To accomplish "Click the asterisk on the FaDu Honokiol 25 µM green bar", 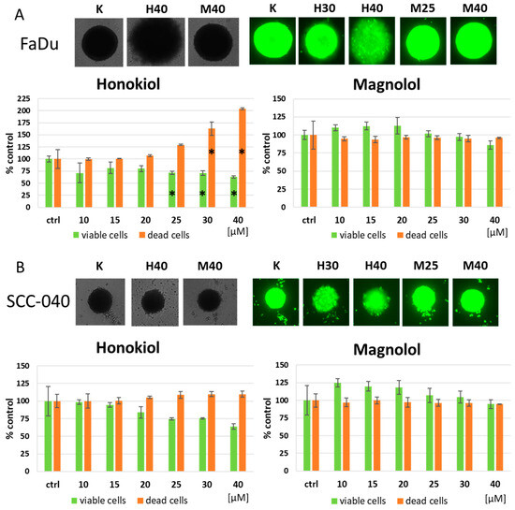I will (171, 194).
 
